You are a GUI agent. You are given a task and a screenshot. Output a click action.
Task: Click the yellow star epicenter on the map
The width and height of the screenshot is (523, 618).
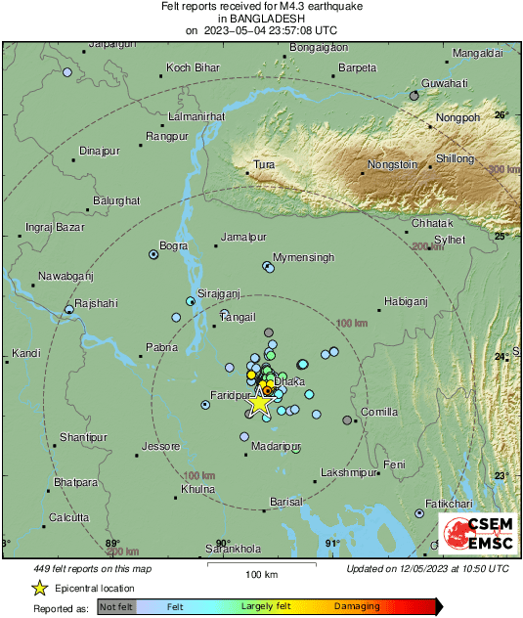[x=259, y=402]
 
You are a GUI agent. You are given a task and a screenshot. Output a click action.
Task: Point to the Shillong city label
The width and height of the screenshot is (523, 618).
[x=455, y=157]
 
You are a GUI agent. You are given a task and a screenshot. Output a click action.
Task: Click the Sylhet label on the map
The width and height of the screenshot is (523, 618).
[x=451, y=239]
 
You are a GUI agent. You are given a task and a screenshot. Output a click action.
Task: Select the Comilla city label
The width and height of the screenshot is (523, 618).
[x=379, y=412]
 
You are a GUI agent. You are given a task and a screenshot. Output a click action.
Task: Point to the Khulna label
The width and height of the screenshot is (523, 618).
[x=197, y=488]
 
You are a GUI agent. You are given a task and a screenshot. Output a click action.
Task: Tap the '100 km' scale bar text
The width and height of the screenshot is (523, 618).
[x=261, y=573]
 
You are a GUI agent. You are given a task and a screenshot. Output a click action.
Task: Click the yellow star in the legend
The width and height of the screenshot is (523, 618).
[x=39, y=588]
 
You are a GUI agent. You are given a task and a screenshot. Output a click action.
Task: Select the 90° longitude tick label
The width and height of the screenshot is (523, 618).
[x=222, y=544]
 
